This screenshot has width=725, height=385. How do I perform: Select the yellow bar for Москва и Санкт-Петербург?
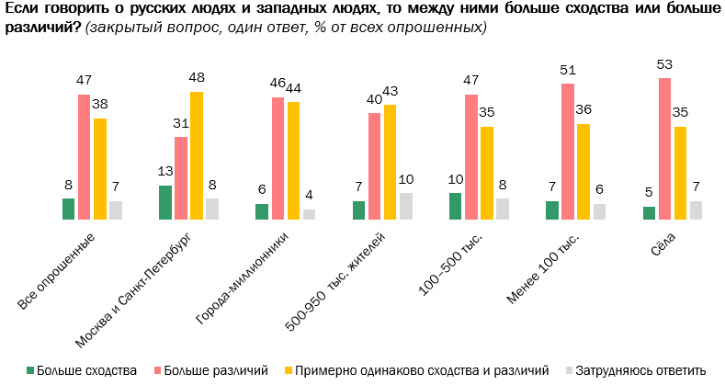click(197, 155)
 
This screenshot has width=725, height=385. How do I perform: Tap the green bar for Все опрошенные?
click(68, 209)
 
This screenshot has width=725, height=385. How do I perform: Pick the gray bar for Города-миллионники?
click(309, 214)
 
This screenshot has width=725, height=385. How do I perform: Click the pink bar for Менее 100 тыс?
click(567, 152)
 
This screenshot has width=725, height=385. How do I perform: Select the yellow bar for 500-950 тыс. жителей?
click(390, 162)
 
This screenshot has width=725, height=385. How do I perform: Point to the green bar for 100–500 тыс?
click(455, 206)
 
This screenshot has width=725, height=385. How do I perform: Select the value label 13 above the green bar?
click(165, 172)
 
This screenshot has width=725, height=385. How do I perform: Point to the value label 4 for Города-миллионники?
click(309, 196)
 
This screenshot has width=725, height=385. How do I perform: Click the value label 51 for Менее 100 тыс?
click(567, 70)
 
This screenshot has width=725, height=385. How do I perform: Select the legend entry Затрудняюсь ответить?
click(641, 370)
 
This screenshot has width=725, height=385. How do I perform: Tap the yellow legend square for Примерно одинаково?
click(288, 370)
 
